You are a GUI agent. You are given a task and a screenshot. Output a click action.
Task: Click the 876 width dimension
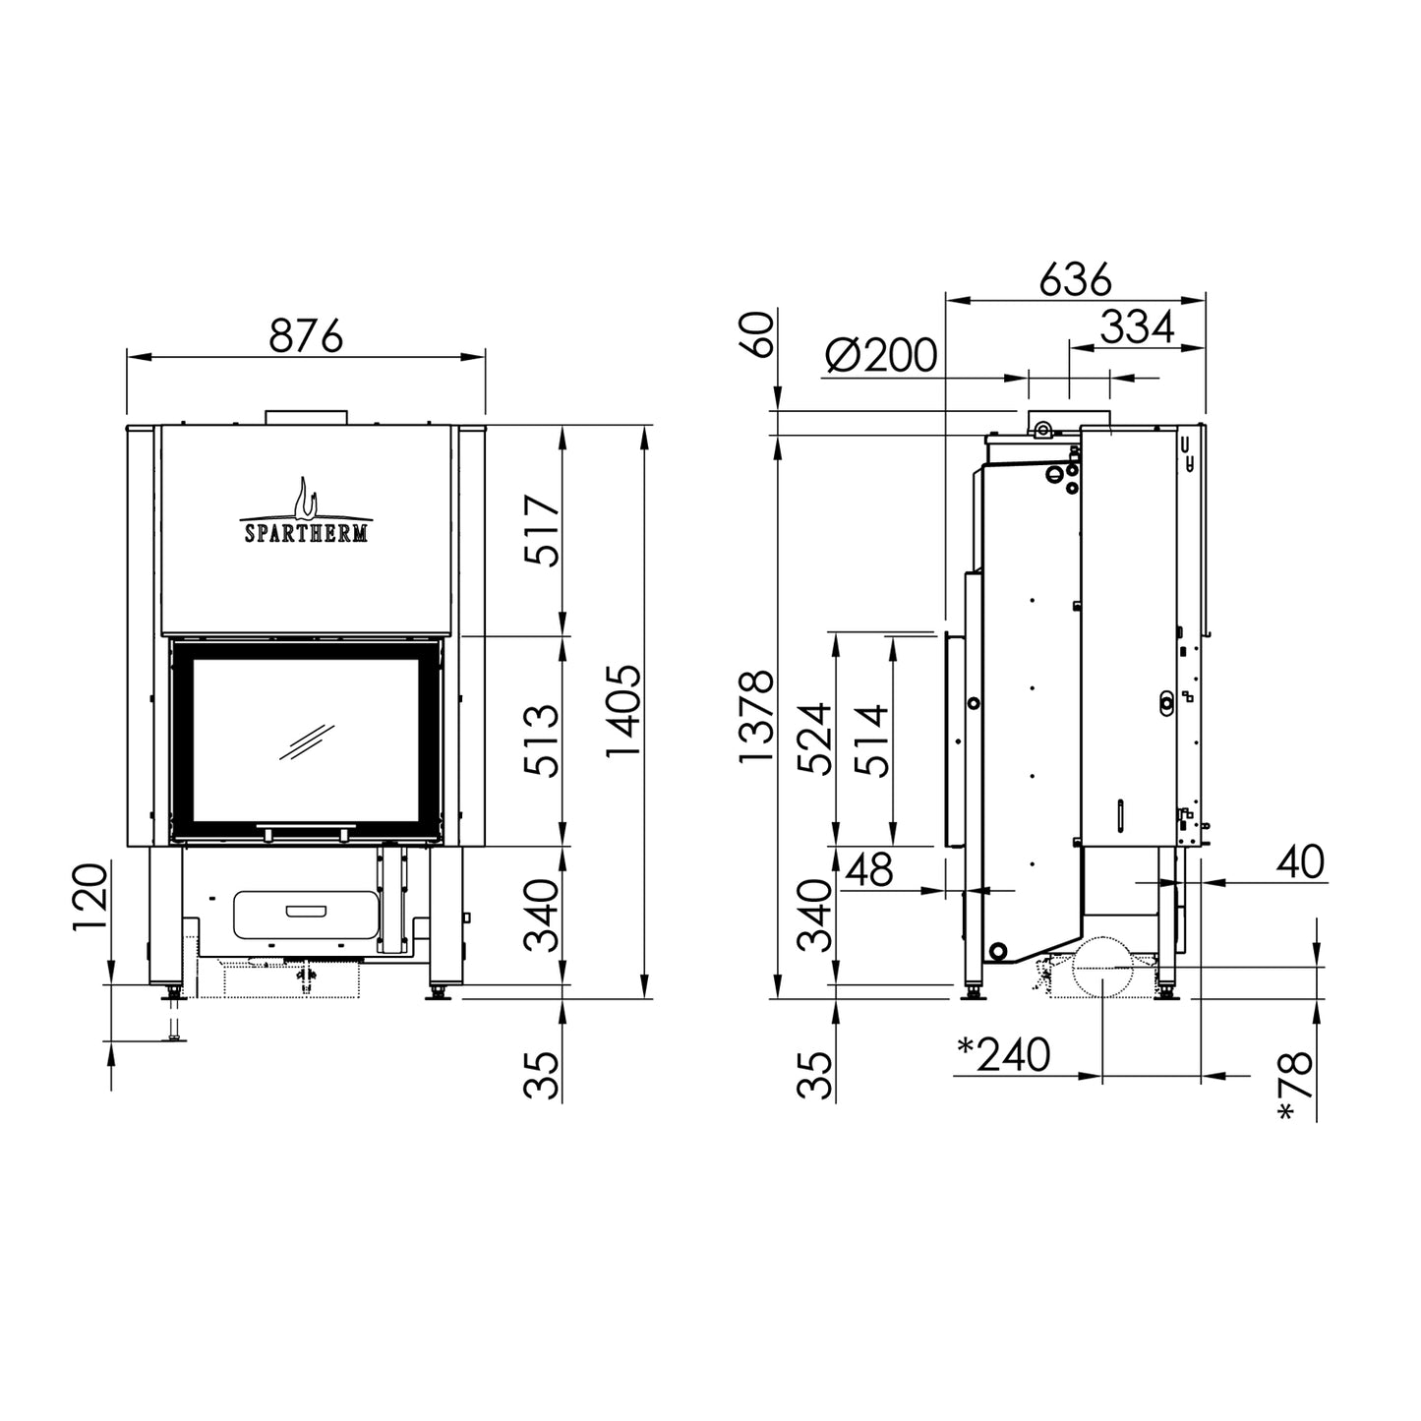(x=306, y=335)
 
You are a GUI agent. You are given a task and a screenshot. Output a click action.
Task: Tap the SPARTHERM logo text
(x=306, y=532)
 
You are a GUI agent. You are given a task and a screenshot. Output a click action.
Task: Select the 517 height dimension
(x=543, y=530)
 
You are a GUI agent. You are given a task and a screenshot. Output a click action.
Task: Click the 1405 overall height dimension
(x=623, y=712)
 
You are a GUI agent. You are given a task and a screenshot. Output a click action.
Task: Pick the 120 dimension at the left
(x=89, y=898)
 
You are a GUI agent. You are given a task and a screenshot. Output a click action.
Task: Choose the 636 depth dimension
(x=1075, y=279)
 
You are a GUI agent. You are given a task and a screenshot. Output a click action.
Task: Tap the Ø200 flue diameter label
(x=881, y=355)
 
